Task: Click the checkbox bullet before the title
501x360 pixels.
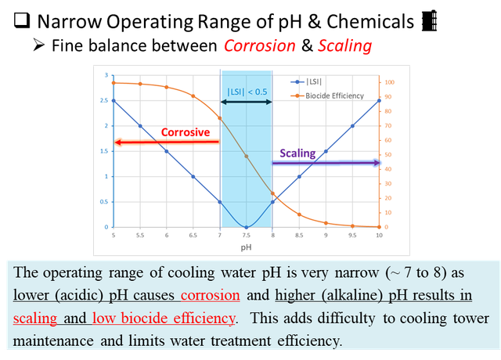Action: pyautogui.click(x=22, y=20)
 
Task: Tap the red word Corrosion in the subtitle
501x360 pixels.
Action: pyautogui.click(x=259, y=45)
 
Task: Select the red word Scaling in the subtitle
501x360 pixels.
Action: pyautogui.click(x=344, y=46)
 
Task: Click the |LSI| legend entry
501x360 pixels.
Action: pyautogui.click(x=306, y=81)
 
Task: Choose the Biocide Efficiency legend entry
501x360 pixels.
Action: pyautogui.click(x=327, y=95)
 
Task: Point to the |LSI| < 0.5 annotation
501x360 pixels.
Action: pyautogui.click(x=247, y=92)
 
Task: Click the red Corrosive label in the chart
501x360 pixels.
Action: pyautogui.click(x=186, y=132)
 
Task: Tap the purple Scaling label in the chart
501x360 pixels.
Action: pyautogui.click(x=297, y=153)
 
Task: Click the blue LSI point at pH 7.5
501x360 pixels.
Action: pyautogui.click(x=246, y=228)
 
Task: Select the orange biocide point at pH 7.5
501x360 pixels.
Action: pyautogui.click(x=246, y=157)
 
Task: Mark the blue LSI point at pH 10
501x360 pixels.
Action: pyautogui.click(x=379, y=101)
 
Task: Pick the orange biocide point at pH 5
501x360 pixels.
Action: pyautogui.click(x=114, y=83)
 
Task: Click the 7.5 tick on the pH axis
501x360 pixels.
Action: pyautogui.click(x=246, y=236)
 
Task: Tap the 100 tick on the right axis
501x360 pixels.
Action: pyautogui.click(x=389, y=82)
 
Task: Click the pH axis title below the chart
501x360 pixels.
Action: pyautogui.click(x=246, y=247)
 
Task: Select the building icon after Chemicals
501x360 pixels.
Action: pyautogui.click(x=429, y=21)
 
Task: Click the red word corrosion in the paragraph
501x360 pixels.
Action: pyautogui.click(x=211, y=295)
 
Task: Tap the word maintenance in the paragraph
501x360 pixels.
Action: pyautogui.click(x=53, y=340)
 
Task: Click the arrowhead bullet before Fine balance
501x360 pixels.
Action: pyautogui.click(x=38, y=45)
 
